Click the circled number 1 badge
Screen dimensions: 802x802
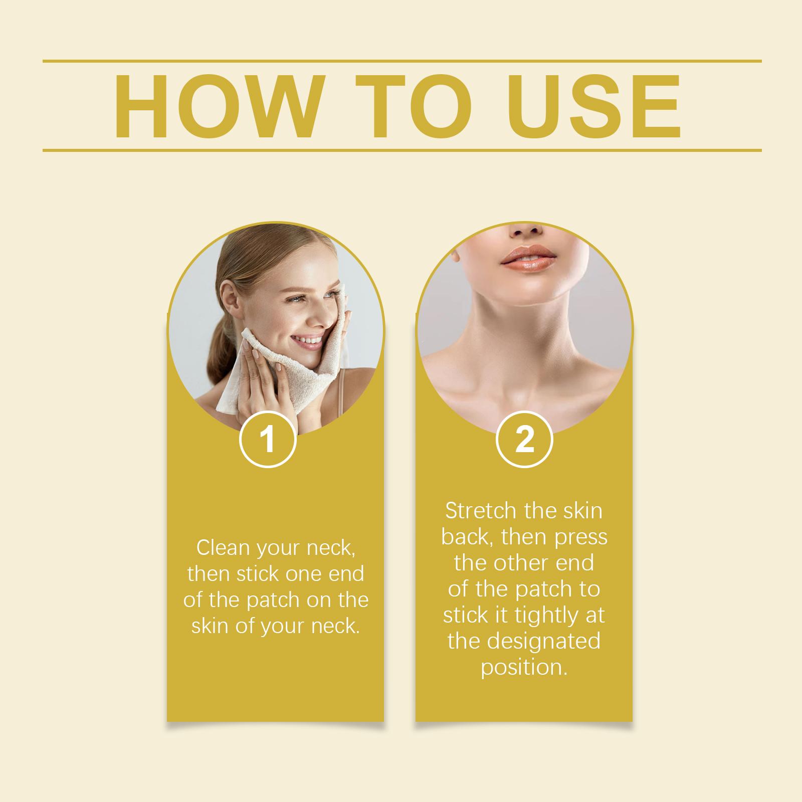pos(268,440)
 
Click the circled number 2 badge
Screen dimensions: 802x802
pos(524,440)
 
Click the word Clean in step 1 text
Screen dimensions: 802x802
pos(224,548)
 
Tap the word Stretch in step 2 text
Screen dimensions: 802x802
pos(481,511)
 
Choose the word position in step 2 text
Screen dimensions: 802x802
pos(524,668)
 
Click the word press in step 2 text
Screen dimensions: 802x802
pos(581,538)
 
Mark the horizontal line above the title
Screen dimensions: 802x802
pos(402,61)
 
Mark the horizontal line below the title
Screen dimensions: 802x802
pos(402,150)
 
